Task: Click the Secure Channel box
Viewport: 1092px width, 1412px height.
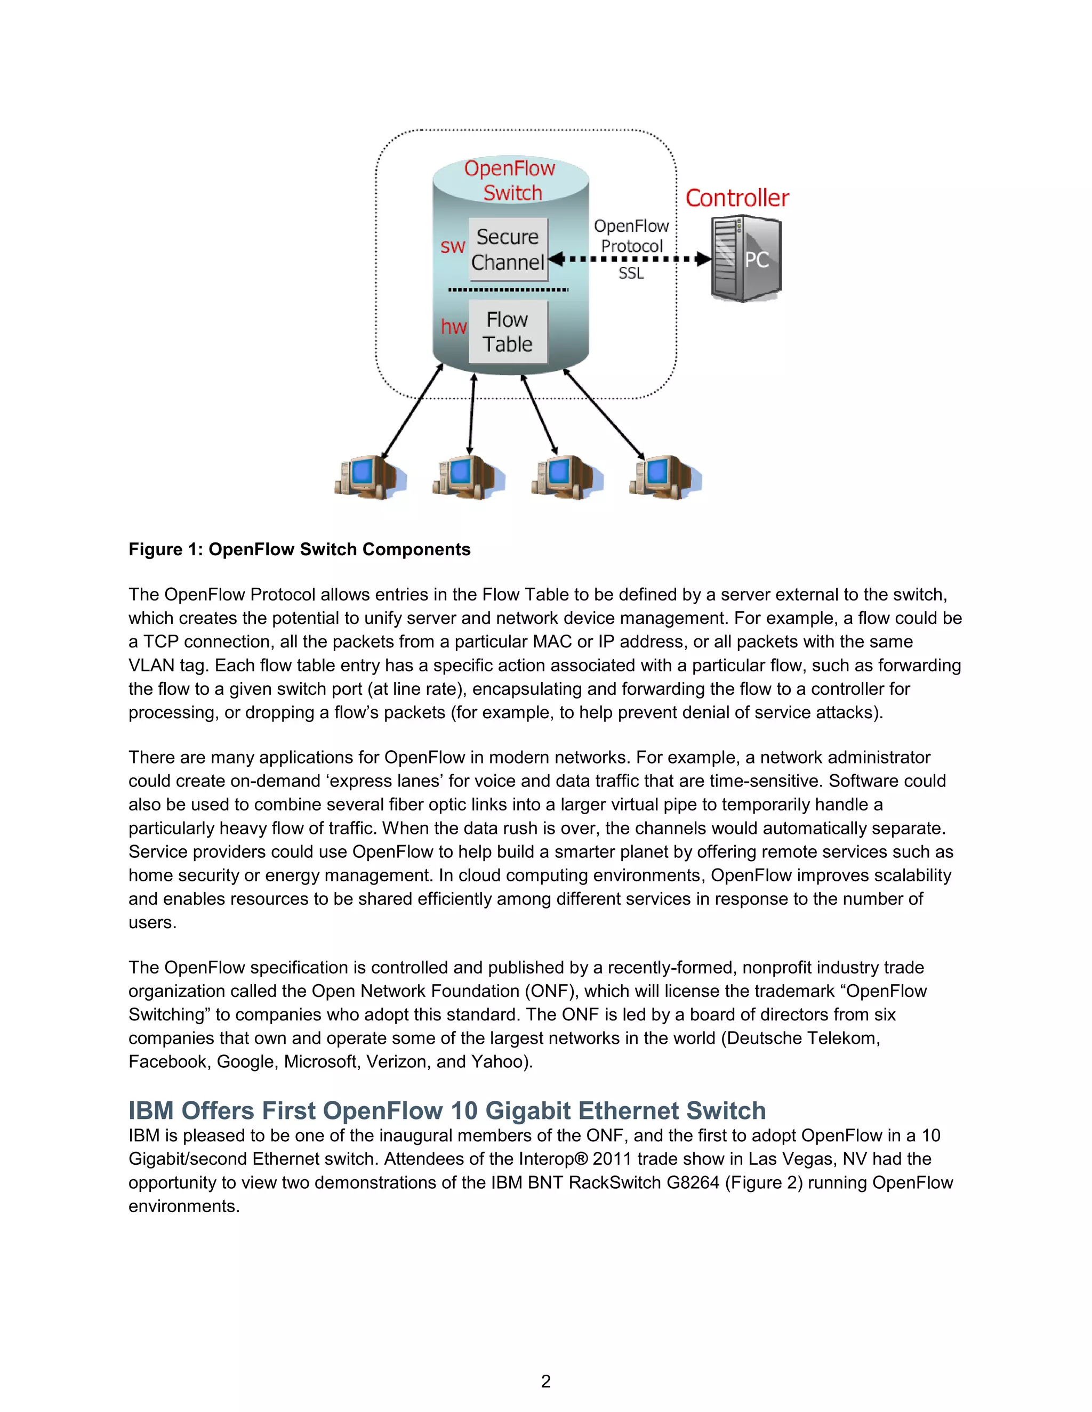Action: coord(508,249)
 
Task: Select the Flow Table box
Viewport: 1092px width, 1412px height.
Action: coord(508,331)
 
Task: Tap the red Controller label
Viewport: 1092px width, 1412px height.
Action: coord(737,198)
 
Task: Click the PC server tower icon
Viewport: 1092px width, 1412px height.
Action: coord(746,258)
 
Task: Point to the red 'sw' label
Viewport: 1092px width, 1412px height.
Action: coord(453,246)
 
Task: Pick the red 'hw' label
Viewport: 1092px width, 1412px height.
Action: coord(454,327)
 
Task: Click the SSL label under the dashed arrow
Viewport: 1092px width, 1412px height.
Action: coord(631,273)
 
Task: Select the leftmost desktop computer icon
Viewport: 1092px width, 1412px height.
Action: coord(367,477)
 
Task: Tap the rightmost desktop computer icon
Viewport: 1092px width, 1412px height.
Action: coord(664,477)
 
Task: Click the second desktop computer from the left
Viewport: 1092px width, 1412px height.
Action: coord(467,477)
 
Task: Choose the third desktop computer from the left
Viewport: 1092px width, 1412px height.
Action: coord(565,477)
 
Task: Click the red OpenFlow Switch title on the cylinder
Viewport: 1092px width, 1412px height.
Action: coord(510,181)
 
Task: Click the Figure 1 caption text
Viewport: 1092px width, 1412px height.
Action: coord(299,549)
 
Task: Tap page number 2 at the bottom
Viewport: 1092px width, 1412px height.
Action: coord(545,1381)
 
